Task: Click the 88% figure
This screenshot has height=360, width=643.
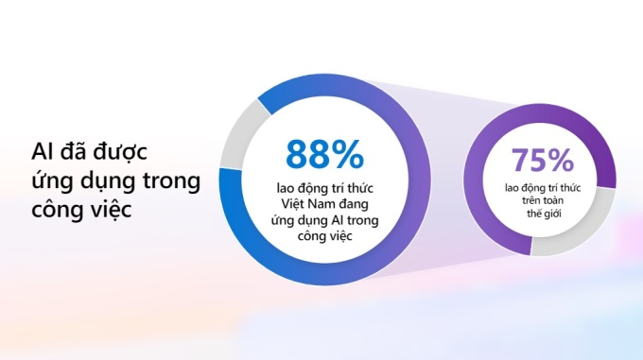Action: tap(324, 154)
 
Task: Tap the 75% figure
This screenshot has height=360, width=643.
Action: tap(542, 160)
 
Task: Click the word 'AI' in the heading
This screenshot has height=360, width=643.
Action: tap(41, 151)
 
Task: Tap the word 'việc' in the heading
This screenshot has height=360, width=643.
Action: tap(110, 209)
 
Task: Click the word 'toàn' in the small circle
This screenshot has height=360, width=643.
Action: tap(553, 200)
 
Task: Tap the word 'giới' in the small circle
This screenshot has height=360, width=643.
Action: tap(552, 214)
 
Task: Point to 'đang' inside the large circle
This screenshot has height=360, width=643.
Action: tap(355, 204)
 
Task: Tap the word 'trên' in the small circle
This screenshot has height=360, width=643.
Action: tap(530, 200)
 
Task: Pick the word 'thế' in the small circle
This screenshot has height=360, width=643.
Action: tap(533, 213)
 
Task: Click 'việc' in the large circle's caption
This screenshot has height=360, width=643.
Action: tap(340, 236)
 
